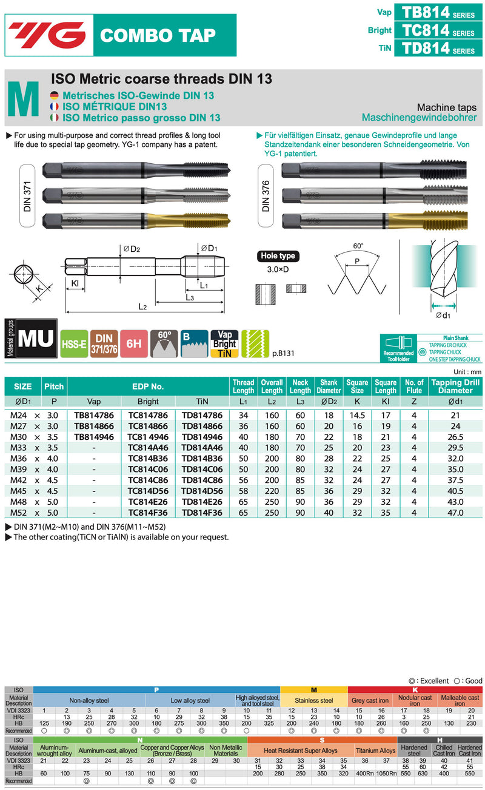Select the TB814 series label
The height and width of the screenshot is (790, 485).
[x=438, y=12]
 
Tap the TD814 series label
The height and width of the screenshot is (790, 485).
[x=438, y=48]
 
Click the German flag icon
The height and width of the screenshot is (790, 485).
[x=54, y=96]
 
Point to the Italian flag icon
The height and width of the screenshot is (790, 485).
[x=54, y=118]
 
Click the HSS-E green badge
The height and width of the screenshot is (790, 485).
[x=74, y=344]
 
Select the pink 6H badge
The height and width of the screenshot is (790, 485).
[x=134, y=344]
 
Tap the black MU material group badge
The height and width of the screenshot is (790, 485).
[x=36, y=339]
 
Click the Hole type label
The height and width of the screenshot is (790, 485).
[x=278, y=256]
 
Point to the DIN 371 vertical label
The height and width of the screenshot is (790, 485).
[x=27, y=196]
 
